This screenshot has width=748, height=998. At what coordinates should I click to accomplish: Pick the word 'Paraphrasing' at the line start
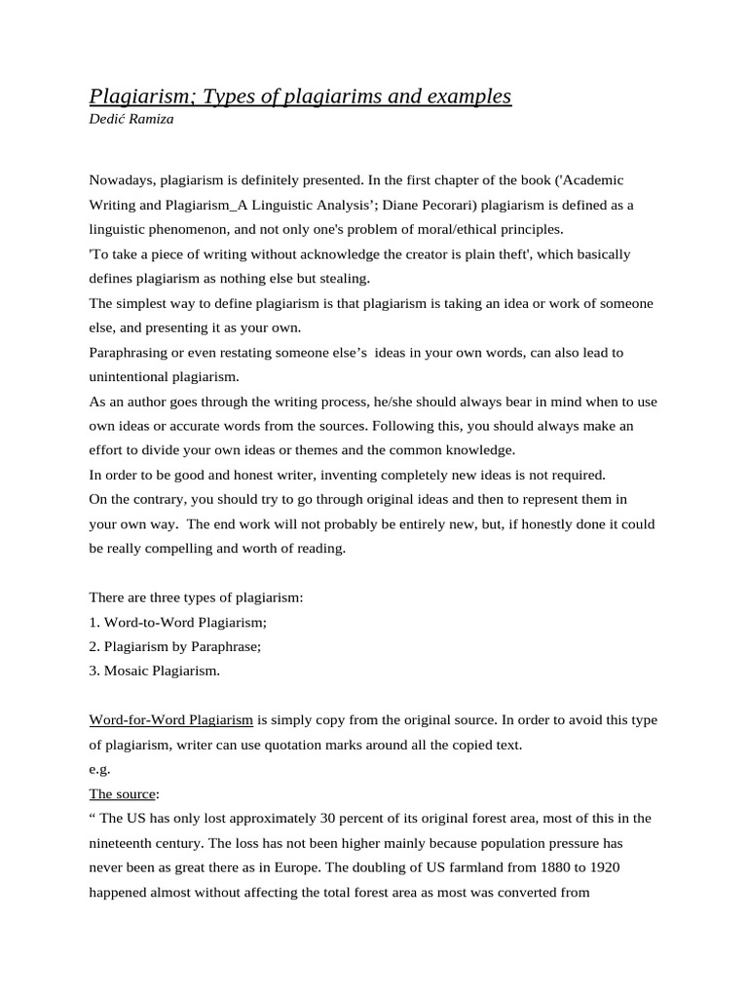129,352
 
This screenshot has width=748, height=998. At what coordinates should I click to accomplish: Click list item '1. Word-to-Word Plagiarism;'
177,622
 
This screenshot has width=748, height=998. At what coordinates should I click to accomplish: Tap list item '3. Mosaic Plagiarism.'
155,671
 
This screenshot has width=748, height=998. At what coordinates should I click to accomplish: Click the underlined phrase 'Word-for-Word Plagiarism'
171,720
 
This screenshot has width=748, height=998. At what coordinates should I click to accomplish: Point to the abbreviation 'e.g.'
99,769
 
